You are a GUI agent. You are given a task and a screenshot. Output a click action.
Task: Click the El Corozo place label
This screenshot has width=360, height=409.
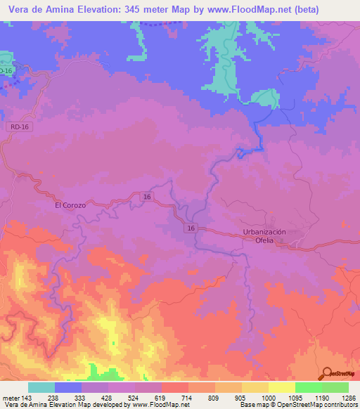tap(70, 205)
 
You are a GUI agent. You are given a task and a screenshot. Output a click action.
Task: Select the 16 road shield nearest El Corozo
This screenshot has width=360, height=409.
tap(146, 197)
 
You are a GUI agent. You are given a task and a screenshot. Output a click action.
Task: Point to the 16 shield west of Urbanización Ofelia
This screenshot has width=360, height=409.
tap(191, 228)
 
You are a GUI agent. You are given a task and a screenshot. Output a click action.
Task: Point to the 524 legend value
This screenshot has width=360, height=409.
tap(148, 397)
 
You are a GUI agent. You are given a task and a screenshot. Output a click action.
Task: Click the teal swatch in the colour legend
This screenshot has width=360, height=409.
tap(41, 387)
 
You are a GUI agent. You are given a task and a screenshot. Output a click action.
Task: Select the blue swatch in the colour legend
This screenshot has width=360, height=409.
tap(68, 387)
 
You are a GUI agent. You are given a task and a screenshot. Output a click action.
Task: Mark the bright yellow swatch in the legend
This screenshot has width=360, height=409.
tap(281, 387)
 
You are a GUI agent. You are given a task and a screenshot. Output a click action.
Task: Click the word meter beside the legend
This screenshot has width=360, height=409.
tap(11, 397)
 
